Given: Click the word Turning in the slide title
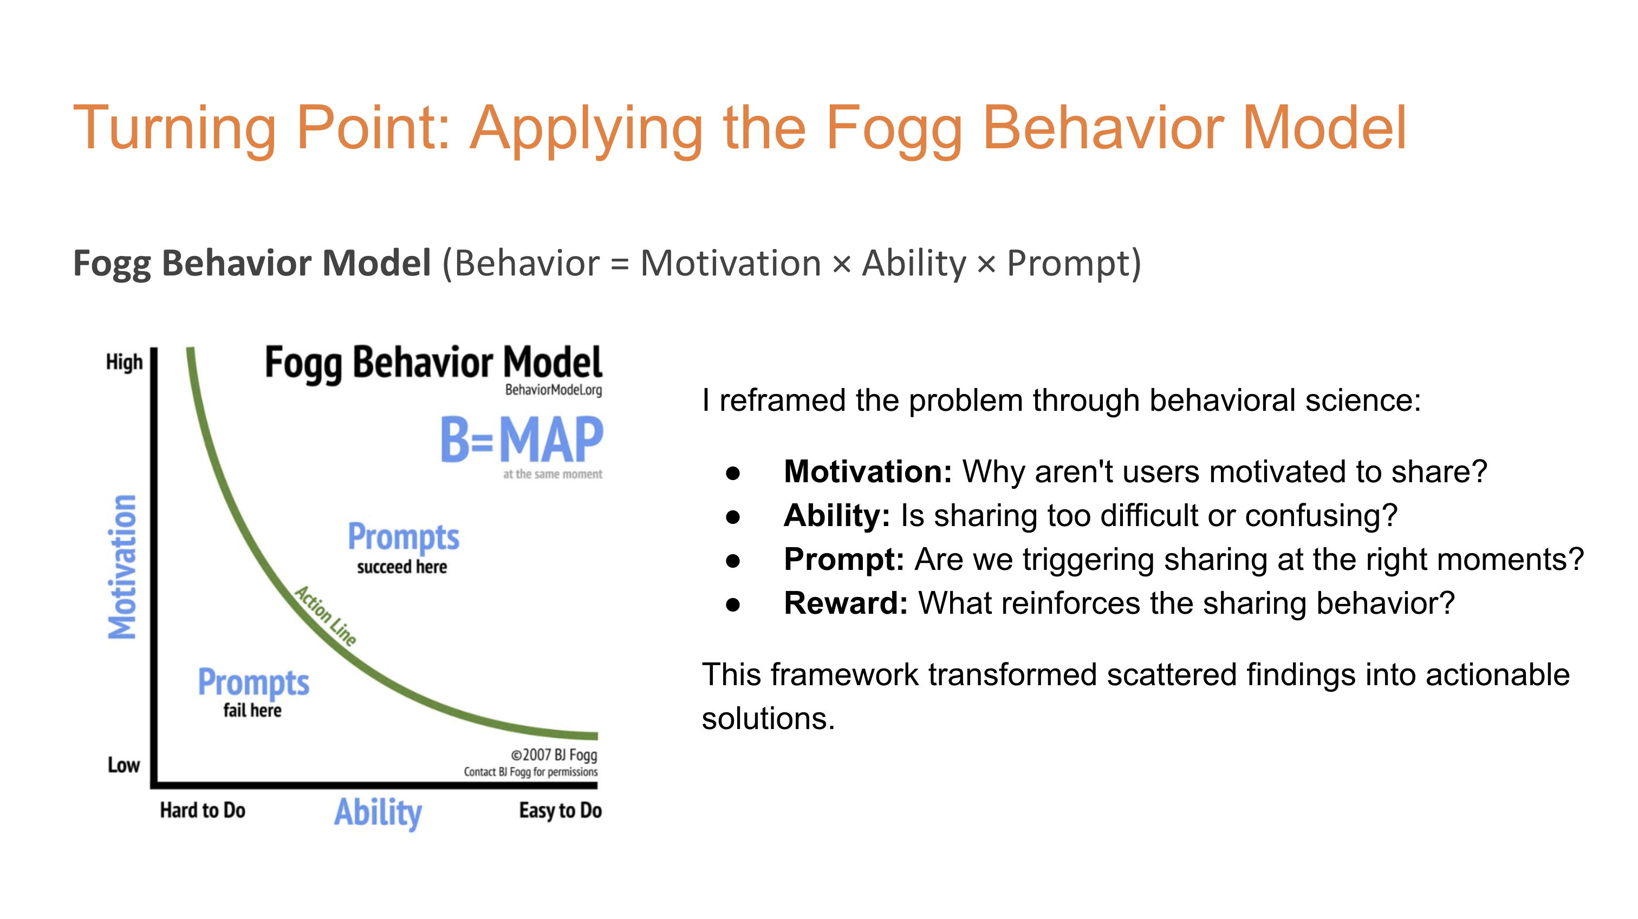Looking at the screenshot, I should pos(174,128).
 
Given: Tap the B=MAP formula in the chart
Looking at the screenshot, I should pos(522,440).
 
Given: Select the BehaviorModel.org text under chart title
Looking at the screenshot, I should pos(553,390).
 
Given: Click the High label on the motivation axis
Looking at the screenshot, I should pos(124,362).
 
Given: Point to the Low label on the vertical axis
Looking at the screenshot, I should pos(123,765).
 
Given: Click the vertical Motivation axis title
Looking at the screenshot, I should pos(122,566).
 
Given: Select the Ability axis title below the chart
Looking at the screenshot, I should pos(378,812).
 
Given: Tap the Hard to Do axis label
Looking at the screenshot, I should pos(202,810).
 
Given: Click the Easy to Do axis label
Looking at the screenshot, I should pos(560,810).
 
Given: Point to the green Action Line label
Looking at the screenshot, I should pos(326,615).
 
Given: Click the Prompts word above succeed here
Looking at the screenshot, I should pos(403,537).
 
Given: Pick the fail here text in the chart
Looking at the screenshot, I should pos(252,710).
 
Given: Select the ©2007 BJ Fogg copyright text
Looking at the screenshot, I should pos(554,754).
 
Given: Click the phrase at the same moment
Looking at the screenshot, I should pos(552,474).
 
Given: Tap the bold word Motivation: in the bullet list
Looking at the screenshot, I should pos(867,471).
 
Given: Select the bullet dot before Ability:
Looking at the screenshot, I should pos(733,517).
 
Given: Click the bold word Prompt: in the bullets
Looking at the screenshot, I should pos(844,559).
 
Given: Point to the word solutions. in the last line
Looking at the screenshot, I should pos(768,719).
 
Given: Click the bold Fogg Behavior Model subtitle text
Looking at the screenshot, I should pos(252,263).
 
